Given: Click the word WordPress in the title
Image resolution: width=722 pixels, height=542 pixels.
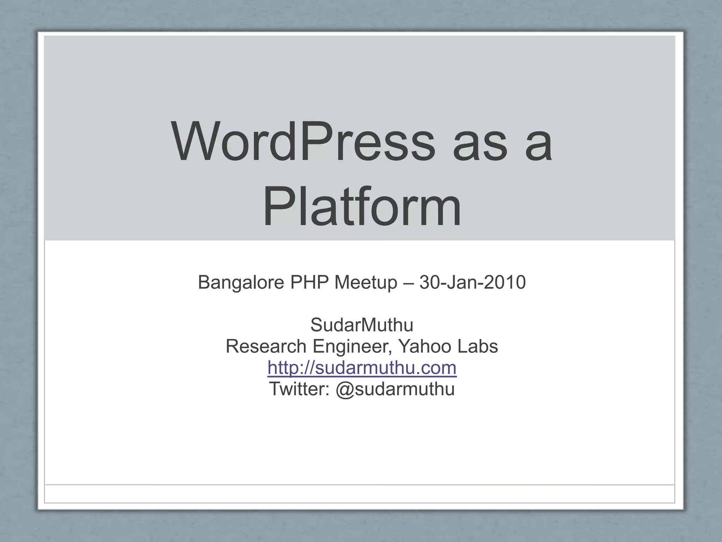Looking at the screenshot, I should click(304, 141).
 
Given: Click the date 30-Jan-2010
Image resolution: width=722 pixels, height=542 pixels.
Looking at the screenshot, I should click(472, 282).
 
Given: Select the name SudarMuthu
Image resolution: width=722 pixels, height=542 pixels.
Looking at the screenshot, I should click(362, 325).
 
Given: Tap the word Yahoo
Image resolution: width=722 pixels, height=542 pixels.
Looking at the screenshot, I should click(425, 346).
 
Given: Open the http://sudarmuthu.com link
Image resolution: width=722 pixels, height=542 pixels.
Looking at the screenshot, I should click(362, 368).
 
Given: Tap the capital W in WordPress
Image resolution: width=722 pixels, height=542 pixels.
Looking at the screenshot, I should click(195, 141).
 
